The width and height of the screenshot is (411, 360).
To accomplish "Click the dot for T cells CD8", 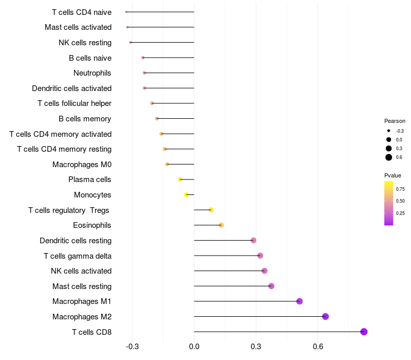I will (364, 332).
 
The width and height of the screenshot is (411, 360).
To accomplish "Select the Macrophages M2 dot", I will (325, 316).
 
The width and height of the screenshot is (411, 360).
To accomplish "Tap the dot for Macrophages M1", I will (300, 301).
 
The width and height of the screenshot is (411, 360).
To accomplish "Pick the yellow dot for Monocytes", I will (186, 194).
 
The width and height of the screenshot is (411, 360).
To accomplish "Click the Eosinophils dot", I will (221, 225).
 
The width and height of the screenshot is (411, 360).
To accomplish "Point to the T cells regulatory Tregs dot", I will (211, 210).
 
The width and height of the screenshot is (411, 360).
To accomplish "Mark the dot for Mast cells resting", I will (271, 286).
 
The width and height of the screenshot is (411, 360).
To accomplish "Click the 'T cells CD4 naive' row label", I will (82, 12).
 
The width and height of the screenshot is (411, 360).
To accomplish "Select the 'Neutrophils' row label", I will (92, 73).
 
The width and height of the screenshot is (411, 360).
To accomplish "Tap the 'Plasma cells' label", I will (90, 179).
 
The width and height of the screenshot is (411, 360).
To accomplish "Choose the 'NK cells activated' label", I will (81, 271).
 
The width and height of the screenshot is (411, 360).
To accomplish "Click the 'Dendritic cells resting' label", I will (76, 241).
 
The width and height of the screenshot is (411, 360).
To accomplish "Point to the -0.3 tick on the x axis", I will (132, 347).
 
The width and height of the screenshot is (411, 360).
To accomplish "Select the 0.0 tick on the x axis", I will (194, 347).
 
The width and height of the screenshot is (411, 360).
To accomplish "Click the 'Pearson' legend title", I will (395, 121).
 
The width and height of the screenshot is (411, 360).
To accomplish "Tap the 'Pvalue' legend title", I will (393, 175).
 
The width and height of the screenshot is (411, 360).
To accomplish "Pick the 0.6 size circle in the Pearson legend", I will (389, 157).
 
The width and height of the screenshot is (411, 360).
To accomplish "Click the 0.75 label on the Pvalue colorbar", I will (400, 189).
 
